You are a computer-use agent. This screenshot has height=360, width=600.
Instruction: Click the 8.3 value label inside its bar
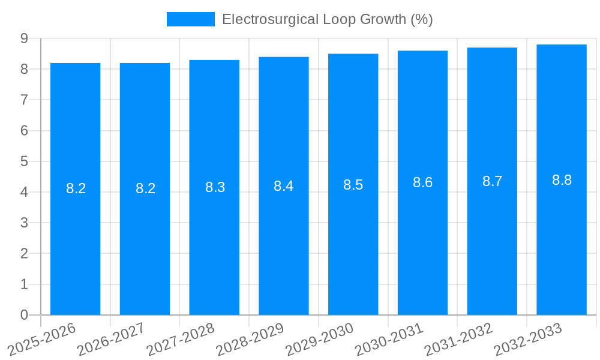click(x=215, y=187)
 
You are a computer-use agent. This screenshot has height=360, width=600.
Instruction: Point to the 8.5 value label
click(x=353, y=185)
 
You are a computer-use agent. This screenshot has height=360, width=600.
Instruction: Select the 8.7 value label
click(x=492, y=182)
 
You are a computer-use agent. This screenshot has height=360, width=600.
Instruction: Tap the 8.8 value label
click(x=562, y=180)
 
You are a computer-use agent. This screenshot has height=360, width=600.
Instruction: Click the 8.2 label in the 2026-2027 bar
click(x=145, y=188)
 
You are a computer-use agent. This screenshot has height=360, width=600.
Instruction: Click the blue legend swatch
click(x=190, y=19)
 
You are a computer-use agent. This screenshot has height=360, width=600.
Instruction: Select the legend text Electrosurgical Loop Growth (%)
click(x=327, y=19)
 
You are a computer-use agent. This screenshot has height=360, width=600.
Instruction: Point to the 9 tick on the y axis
click(x=24, y=38)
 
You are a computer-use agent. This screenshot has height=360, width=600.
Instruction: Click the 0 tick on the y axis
click(x=24, y=315)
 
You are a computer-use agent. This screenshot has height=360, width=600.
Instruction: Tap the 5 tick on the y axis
click(x=24, y=161)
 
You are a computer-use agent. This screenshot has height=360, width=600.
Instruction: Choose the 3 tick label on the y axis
click(x=24, y=223)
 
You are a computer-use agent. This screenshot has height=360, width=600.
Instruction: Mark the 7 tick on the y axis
click(x=24, y=100)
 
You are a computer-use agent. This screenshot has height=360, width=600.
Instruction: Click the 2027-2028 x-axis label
click(x=180, y=340)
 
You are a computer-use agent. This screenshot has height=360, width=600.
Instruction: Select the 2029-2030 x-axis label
click(x=319, y=340)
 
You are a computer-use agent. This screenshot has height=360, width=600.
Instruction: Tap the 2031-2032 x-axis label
click(x=458, y=340)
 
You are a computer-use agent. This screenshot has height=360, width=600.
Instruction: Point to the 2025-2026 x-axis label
click(x=41, y=340)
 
